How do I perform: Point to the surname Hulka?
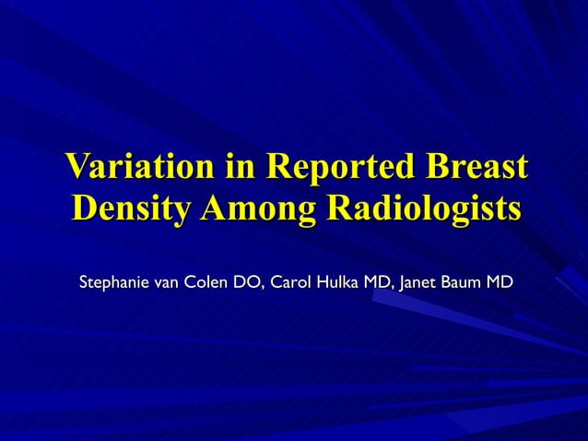coord(338,280)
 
